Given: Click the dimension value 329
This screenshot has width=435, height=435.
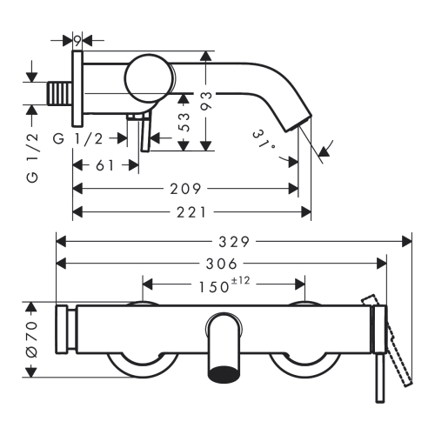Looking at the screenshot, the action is click(234, 242).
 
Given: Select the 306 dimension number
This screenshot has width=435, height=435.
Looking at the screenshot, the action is click(222, 264).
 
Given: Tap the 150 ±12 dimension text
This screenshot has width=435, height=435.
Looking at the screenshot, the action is click(224, 284).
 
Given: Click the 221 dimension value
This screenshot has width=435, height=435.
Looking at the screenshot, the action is click(191, 212).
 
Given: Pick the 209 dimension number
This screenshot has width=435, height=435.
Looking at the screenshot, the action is click(185, 189).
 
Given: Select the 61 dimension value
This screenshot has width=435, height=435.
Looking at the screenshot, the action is click(104, 165).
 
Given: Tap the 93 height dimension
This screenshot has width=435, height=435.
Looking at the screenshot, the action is click(207, 101).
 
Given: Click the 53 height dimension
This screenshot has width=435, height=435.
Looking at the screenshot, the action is click(184, 122).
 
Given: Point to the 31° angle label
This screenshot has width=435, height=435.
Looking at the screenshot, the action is click(264, 141).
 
